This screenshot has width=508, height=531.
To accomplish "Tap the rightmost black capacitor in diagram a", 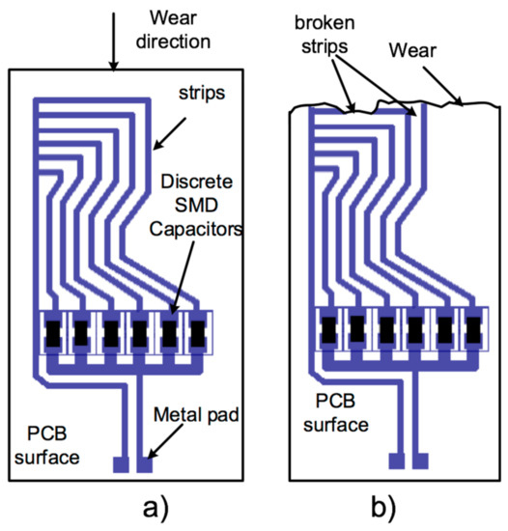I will (198, 334).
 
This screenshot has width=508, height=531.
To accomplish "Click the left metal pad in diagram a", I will (121, 464).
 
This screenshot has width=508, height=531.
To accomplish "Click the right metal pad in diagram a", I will (145, 464).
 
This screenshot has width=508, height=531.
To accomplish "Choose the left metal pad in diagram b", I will (396, 461).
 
